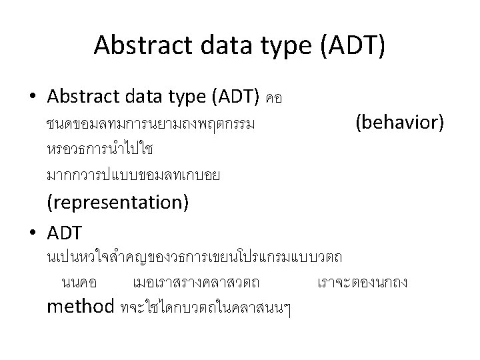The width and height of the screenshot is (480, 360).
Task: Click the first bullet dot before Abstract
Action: point(32,97)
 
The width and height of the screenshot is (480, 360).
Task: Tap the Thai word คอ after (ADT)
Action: point(274,99)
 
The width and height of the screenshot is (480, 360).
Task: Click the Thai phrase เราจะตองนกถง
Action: point(361,282)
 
